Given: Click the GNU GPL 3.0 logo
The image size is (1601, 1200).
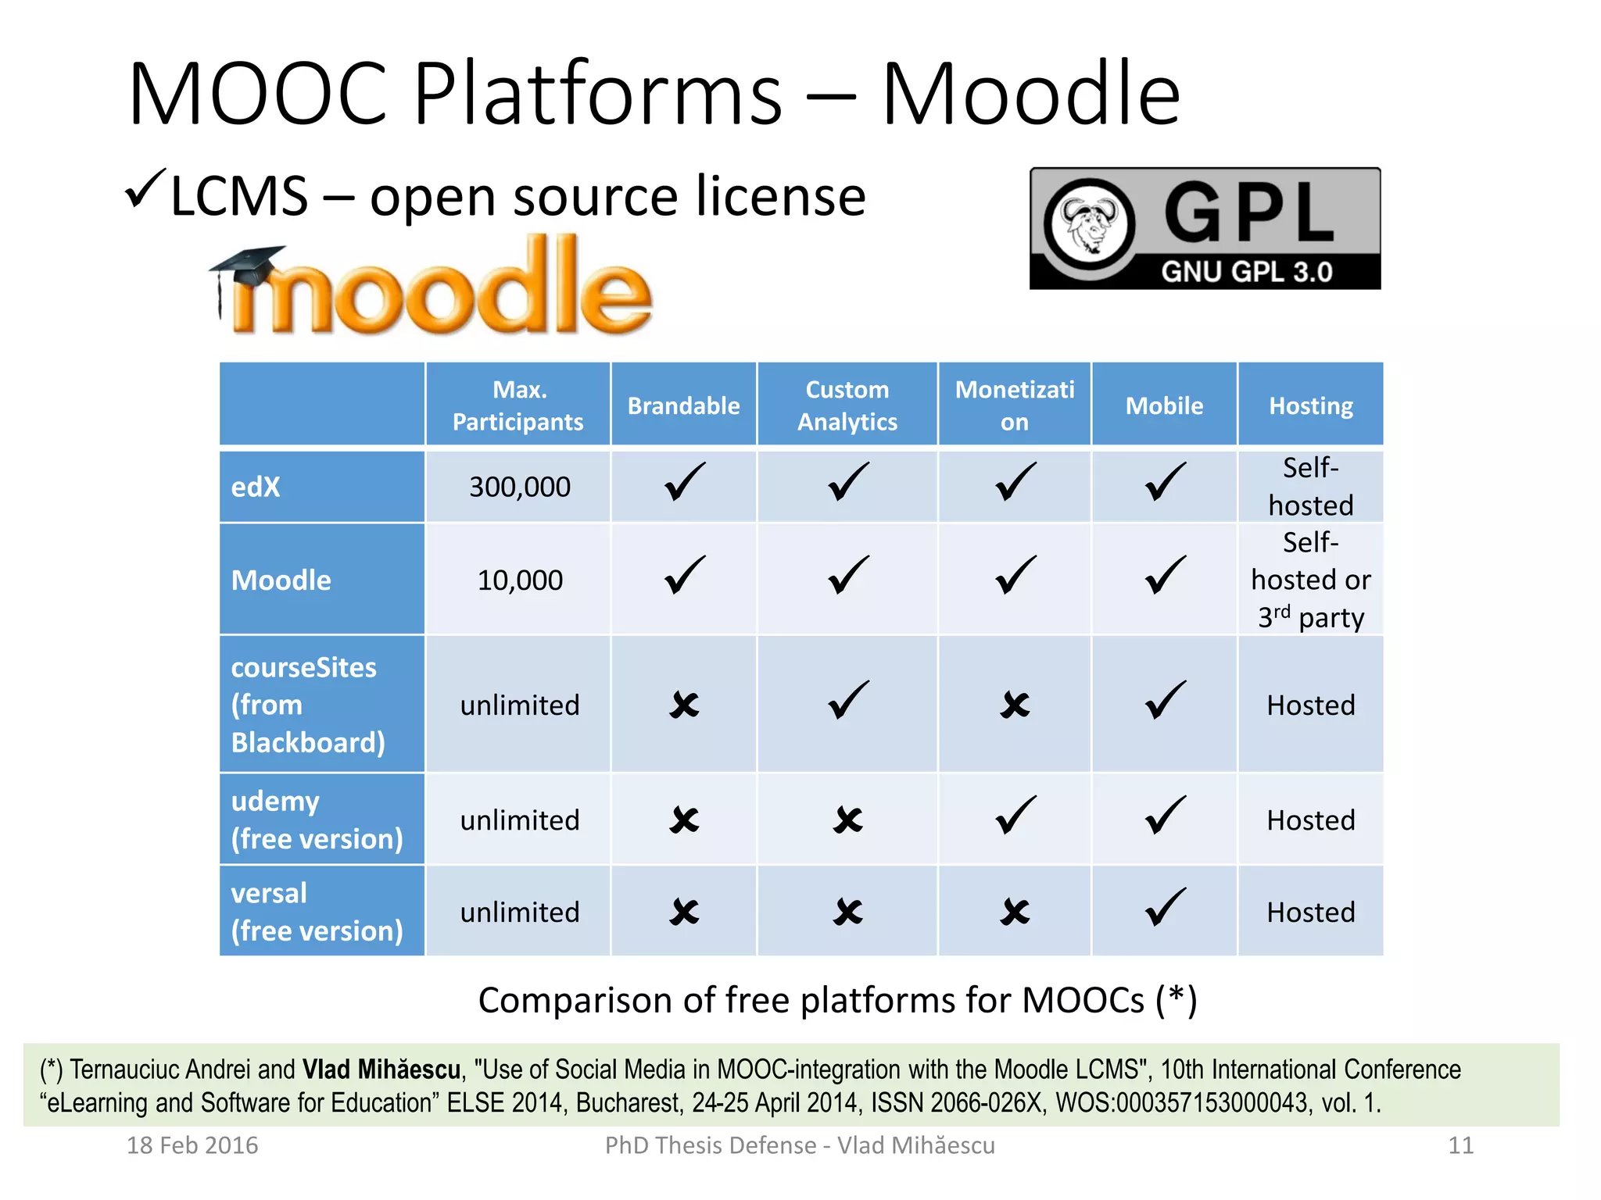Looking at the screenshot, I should click(x=1205, y=228).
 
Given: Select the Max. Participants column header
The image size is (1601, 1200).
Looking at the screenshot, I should click(x=518, y=405).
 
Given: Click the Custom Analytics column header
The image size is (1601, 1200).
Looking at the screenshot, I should click(x=847, y=405).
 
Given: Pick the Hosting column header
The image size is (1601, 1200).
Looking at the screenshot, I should click(x=1311, y=405).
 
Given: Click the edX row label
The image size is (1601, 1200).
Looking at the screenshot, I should click(x=256, y=487).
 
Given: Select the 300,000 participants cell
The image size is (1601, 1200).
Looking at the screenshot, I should click(x=520, y=487).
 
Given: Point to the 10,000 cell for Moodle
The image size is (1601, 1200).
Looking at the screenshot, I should click(x=520, y=580).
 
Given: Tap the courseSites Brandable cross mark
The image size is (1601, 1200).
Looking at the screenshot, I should click(x=684, y=705).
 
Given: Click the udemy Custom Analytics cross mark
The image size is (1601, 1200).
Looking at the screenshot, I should click(x=847, y=820).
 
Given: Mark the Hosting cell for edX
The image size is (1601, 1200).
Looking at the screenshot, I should click(x=1311, y=487).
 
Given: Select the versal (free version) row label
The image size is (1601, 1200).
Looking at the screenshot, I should click(x=317, y=912).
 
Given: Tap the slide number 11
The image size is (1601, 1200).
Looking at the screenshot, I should click(x=1460, y=1145).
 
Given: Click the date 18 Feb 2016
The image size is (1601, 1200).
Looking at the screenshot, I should click(x=192, y=1145).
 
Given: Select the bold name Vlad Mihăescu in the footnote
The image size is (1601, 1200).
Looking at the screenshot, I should click(x=381, y=1069).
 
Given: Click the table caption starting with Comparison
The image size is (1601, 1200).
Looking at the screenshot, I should click(x=837, y=1000).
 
